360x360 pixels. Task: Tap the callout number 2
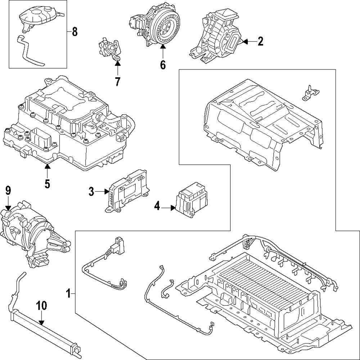pyautogui.click(x=260, y=42)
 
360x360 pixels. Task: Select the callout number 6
pyautogui.click(x=162, y=65)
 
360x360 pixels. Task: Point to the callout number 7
pyautogui.click(x=117, y=82)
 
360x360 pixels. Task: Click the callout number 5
pyautogui.click(x=47, y=183)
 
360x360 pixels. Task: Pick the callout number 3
pyautogui.click(x=91, y=192)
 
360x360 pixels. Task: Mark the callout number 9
pyautogui.click(x=8, y=190)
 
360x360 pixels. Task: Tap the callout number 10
pyautogui.click(x=42, y=306)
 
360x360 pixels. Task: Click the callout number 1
pyautogui.click(x=69, y=294)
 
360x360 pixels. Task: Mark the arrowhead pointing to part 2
pyautogui.click(x=245, y=42)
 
